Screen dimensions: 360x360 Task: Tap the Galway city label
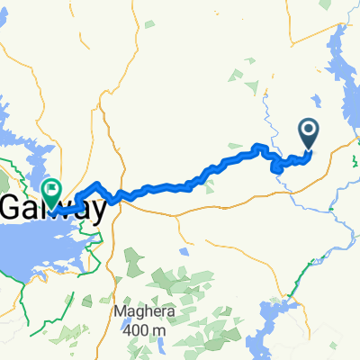click(54, 210)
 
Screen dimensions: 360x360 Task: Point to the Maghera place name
click(139, 312)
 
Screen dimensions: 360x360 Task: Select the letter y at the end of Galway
click(99, 211)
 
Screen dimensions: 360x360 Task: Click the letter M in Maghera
click(120, 312)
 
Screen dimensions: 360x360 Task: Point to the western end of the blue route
click(76, 200)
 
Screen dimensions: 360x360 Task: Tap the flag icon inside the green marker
click(51, 189)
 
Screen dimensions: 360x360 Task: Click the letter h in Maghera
click(145, 312)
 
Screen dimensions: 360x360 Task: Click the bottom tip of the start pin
click(309, 148)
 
